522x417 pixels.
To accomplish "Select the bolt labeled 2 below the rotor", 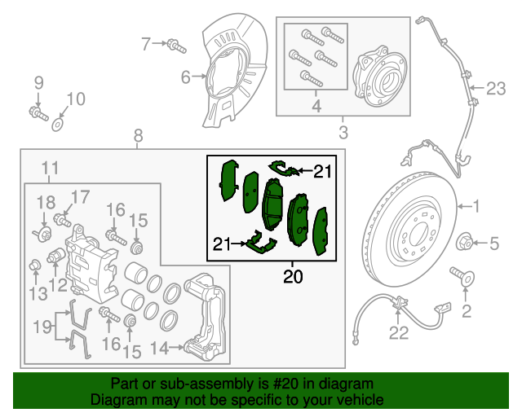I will [x=467, y=279].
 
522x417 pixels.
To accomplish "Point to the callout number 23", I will [x=497, y=88].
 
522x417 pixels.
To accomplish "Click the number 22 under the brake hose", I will [x=397, y=331].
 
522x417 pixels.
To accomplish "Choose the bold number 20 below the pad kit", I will [x=293, y=277].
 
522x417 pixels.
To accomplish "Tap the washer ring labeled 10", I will [x=58, y=125].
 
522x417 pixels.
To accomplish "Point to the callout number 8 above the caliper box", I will [x=137, y=134].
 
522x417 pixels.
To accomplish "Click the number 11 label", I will [x=51, y=169].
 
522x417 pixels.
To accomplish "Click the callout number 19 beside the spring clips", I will [x=42, y=328].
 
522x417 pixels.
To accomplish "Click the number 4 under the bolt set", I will [x=316, y=106].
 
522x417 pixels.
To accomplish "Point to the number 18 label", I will [x=46, y=202].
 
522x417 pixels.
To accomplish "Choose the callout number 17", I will [x=79, y=195].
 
